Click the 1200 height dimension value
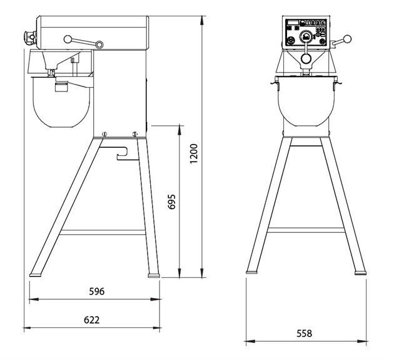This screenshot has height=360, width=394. point(194,154)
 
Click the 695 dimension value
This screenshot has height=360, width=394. point(171,202)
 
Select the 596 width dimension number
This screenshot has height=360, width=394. point(97,291)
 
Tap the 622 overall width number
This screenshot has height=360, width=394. point(92,320)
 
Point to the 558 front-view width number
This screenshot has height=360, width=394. point(305,333)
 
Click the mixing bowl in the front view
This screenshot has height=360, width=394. point(306,101)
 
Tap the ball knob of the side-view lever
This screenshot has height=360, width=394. point(68,39)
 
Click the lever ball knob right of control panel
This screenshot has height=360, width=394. point(347,39)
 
